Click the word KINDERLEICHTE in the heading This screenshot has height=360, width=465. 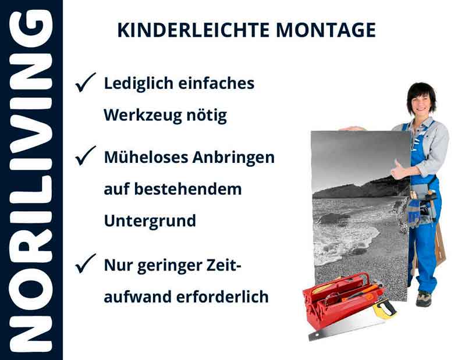click(x=184, y=30)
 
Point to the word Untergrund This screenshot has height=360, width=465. click(x=150, y=221)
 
